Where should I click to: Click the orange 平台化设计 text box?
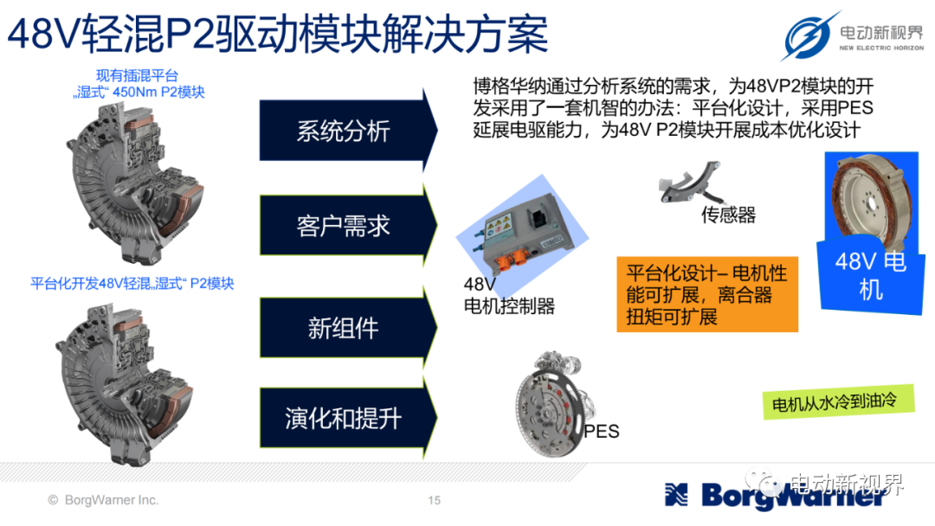point(707,294)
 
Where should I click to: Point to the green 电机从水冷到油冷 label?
point(838,402)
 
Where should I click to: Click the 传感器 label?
point(728,215)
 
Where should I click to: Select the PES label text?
point(601,432)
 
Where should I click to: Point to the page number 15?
point(434,500)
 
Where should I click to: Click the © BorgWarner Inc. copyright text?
point(103,500)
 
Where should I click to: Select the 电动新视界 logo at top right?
point(852,35)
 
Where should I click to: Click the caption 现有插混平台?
point(137,75)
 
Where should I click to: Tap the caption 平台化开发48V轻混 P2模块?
point(132,284)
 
